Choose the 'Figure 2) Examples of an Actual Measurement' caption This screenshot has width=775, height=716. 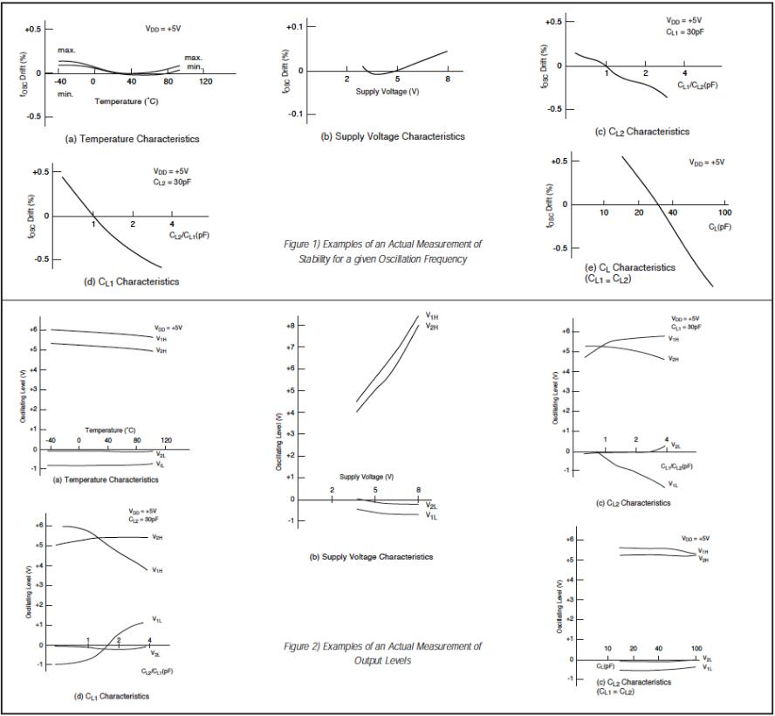coord(383,646)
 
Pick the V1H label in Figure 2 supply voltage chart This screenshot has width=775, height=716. coord(431,315)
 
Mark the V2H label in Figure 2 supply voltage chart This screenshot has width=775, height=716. coord(431,327)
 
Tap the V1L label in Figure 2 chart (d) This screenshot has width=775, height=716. coord(157,619)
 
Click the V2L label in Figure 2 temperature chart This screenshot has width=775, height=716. coord(161,454)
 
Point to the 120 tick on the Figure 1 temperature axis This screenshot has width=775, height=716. coord(206,81)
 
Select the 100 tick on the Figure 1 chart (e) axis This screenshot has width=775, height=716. coord(724,213)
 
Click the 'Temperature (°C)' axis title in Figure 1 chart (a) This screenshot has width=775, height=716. coord(127,101)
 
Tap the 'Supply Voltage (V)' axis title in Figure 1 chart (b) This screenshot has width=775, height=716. coord(381,92)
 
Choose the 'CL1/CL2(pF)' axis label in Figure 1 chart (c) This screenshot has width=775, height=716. coord(697,86)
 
